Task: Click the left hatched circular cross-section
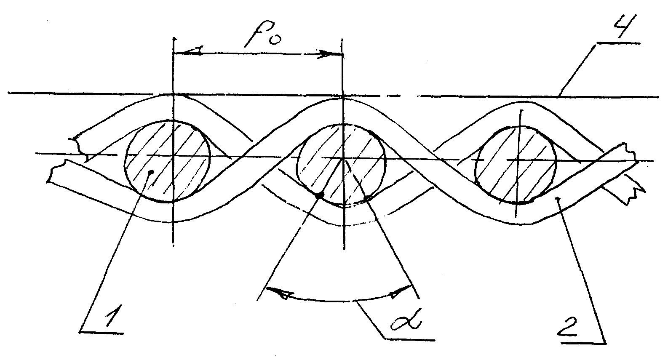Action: click(167, 161)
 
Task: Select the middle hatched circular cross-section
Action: click(342, 165)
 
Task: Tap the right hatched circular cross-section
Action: click(516, 165)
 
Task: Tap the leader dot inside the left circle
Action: click(152, 172)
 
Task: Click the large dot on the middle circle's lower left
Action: click(320, 195)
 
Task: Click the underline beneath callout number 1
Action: click(102, 332)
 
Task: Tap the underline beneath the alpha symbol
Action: click(409, 339)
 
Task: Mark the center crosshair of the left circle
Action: click(173, 155)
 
